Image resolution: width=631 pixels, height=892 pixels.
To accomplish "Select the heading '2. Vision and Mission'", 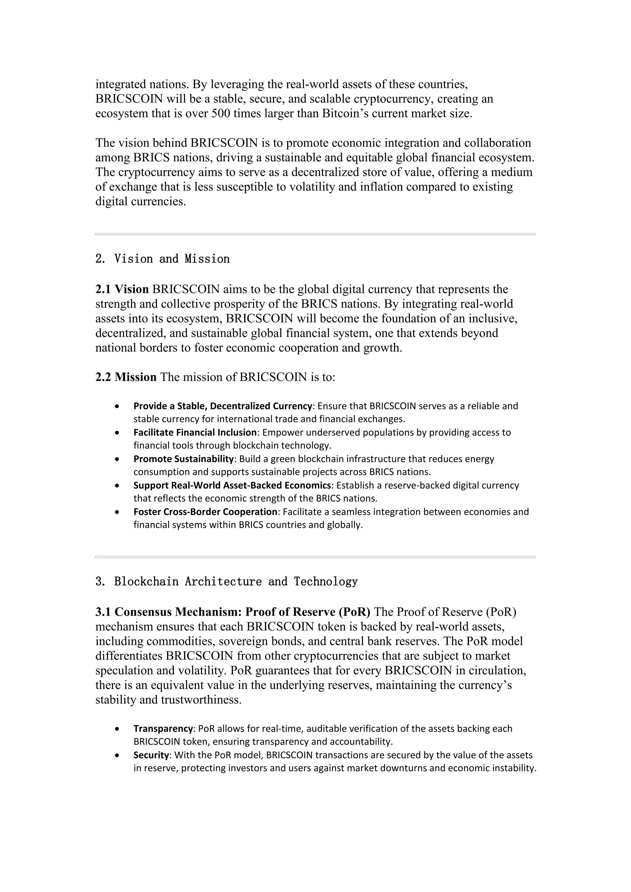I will point(162,259).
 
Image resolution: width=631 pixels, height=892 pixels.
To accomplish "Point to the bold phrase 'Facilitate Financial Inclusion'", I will point(195,432).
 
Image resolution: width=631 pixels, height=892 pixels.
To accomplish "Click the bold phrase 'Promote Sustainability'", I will point(183,459).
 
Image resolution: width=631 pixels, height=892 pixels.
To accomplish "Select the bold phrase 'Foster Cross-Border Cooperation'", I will point(205,512).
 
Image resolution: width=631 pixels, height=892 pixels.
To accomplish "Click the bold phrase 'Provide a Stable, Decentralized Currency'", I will point(223,406).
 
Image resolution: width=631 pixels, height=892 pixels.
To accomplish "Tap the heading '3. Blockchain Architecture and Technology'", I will point(226,582).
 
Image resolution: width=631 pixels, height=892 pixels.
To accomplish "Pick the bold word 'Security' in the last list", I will point(152,755).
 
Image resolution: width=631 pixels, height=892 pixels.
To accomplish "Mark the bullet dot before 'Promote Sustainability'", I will point(117,459).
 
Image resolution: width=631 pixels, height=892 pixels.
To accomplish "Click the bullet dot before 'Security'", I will point(117,755).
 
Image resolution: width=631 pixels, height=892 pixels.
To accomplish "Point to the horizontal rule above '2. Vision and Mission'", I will point(315,234).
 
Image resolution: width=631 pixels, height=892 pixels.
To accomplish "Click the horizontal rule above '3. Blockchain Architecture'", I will point(315,557).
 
